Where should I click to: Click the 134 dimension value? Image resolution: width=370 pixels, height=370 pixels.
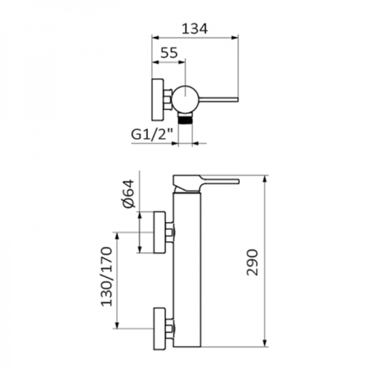click(x=194, y=29)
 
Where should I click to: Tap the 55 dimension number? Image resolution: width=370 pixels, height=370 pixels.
click(x=169, y=53)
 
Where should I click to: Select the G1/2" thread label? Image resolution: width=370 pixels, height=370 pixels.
click(x=152, y=135)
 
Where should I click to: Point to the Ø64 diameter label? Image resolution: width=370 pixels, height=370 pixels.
click(x=128, y=194)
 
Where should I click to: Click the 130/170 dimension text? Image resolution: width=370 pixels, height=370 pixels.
click(x=106, y=276)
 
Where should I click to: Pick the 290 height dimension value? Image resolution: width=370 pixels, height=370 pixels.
click(x=252, y=262)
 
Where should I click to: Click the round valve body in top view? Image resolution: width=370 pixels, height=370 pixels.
click(x=186, y=99)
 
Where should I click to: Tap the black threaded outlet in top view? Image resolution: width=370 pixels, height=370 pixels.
click(x=185, y=120)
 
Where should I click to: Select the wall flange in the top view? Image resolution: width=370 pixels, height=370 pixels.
click(x=157, y=100)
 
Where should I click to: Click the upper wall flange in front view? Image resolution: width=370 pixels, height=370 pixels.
click(x=159, y=232)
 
